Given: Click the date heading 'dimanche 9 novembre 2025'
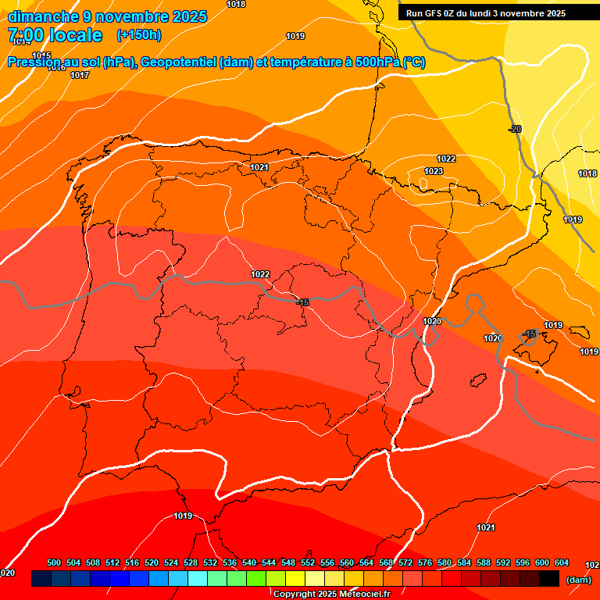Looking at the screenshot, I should (x=107, y=16).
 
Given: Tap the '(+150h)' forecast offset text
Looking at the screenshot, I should (x=139, y=35).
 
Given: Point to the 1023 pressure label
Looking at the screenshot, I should (x=434, y=171).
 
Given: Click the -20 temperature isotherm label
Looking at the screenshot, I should (x=515, y=129).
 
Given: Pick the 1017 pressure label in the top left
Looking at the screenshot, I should (x=79, y=75).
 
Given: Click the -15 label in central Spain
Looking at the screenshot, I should (x=302, y=302).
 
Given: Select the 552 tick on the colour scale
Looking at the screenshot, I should (x=308, y=562).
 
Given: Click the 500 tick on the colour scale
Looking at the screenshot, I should (x=54, y=562).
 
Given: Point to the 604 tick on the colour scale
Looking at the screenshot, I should (x=561, y=562).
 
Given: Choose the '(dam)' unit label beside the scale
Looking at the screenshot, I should (x=578, y=580).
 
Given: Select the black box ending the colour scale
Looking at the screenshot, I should (x=548, y=578).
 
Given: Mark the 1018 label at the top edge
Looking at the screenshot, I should (x=235, y=4).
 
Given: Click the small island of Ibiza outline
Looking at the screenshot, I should (x=478, y=380).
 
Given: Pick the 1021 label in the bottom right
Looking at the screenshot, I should (x=485, y=527).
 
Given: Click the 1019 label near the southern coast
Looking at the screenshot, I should (x=183, y=516).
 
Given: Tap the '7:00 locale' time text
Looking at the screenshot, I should (x=55, y=35).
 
